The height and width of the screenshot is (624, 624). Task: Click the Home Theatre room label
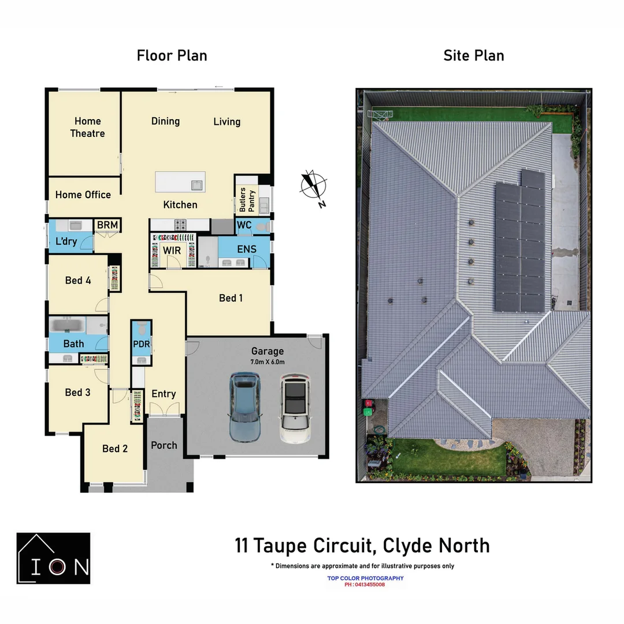click(x=88, y=127)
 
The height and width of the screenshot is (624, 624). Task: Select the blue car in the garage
click(x=244, y=406)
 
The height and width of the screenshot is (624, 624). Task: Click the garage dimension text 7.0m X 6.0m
click(x=268, y=362)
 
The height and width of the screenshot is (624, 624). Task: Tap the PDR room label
click(x=141, y=344)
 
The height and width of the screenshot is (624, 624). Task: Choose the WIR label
click(x=172, y=250)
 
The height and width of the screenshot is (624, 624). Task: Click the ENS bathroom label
click(x=247, y=249)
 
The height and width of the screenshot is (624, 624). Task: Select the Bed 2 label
click(x=115, y=448)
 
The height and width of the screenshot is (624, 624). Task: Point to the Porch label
click(x=164, y=445)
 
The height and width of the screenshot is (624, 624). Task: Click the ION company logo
click(x=53, y=558)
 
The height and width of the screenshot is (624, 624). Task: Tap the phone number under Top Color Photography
click(x=365, y=585)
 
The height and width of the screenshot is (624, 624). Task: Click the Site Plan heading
click(x=474, y=55)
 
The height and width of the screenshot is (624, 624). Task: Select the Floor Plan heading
click(x=172, y=55)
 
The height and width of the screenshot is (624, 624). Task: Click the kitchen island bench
click(x=180, y=183)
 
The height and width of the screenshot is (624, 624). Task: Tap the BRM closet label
click(x=107, y=225)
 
